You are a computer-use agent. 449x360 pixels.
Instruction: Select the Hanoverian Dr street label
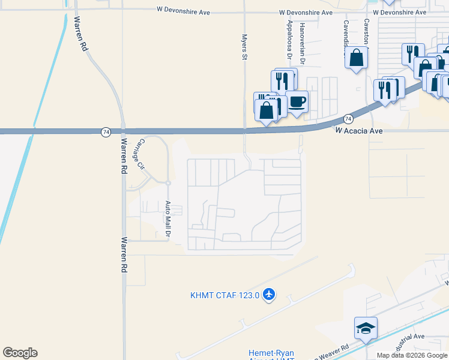(303, 38)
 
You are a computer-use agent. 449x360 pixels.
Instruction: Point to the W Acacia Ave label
(360, 130)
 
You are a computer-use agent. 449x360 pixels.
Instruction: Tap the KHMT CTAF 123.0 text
(224, 295)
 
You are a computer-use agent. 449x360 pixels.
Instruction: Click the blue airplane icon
(268, 294)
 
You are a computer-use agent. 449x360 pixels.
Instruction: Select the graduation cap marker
(366, 328)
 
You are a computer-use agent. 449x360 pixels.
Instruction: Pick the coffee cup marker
(297, 101)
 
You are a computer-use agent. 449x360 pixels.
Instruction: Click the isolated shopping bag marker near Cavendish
(357, 58)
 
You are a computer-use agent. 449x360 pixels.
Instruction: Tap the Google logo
(20, 353)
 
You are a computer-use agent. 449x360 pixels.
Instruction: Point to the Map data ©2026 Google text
(412, 355)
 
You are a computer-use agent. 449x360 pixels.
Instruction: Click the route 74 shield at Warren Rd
(106, 131)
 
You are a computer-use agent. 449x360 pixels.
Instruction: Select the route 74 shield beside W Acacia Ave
(348, 119)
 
